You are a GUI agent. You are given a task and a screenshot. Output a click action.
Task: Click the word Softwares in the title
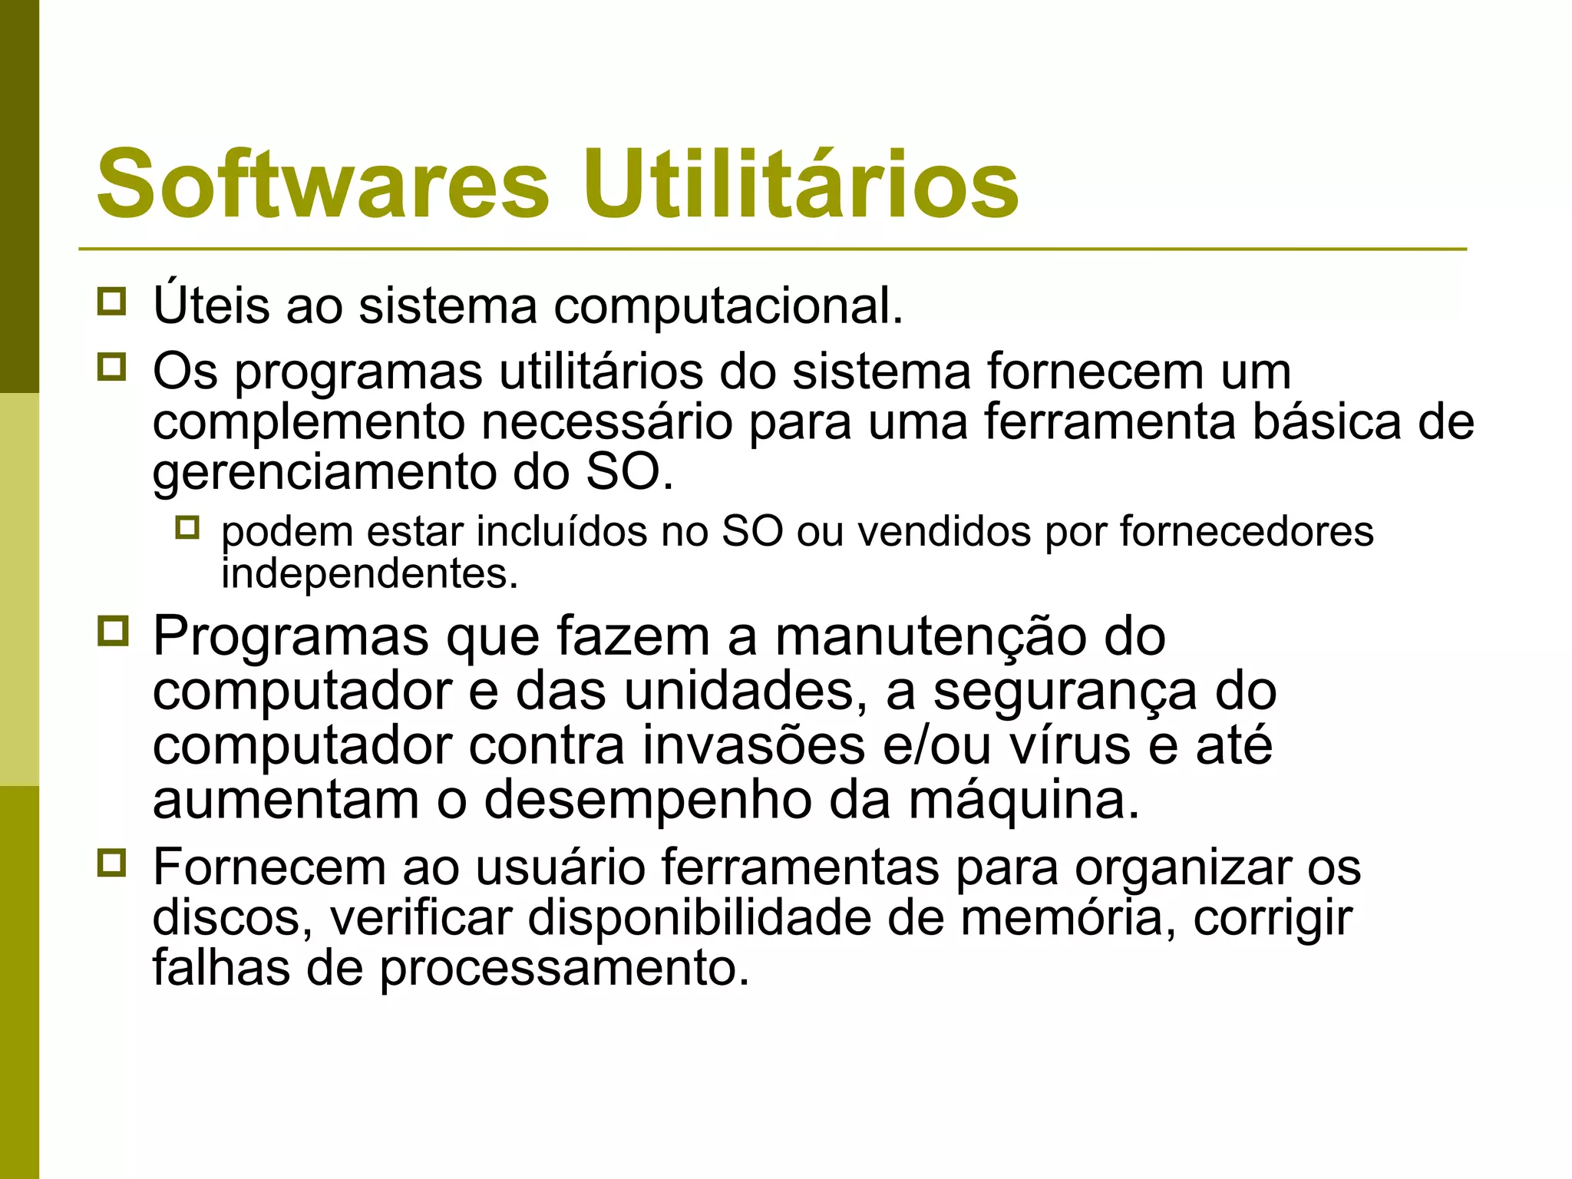tap(323, 184)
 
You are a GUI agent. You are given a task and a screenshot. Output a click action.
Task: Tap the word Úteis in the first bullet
tap(211, 304)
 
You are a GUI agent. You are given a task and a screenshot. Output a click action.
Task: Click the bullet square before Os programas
tap(112, 367)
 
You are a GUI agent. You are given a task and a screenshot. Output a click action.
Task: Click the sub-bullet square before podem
tap(187, 527)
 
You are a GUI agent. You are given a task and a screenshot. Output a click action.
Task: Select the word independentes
tap(369, 574)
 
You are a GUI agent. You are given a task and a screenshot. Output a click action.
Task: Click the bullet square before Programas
tap(113, 631)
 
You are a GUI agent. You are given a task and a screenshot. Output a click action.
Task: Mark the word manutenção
tap(930, 637)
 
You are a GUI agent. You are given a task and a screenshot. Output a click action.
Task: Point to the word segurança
tap(1064, 692)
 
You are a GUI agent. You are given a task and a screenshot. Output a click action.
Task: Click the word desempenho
tap(647, 801)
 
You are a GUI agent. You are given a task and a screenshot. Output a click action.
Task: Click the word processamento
tap(564, 969)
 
